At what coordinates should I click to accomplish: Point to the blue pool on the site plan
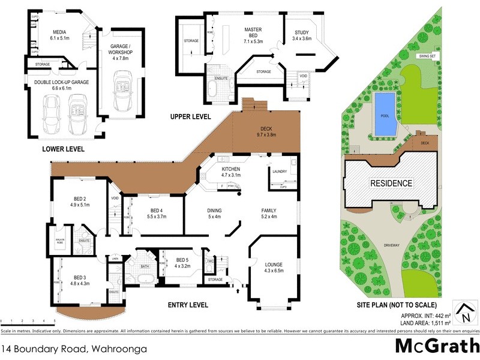(x=384, y=114)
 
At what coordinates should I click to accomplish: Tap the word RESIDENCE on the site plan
(x=391, y=184)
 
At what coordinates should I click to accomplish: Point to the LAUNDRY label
(x=280, y=172)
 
